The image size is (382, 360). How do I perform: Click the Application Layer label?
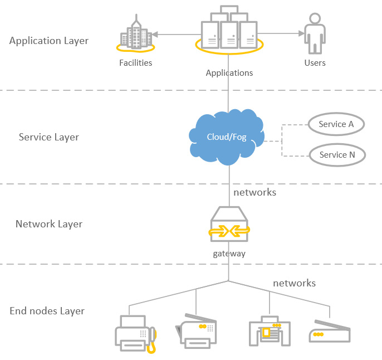(x=49, y=41)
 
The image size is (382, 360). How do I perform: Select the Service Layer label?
(x=49, y=137)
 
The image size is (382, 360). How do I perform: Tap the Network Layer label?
(x=49, y=224)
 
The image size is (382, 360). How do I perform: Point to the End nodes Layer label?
(x=47, y=311)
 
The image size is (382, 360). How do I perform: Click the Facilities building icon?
(x=136, y=36)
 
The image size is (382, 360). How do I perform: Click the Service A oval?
(x=336, y=124)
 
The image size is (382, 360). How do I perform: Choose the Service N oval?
(x=337, y=155)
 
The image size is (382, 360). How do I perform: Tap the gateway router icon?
(x=229, y=225)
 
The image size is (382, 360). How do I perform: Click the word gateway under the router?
(x=229, y=254)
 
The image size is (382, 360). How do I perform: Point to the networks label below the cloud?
(x=254, y=192)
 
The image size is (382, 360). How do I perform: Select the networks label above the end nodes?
(x=294, y=283)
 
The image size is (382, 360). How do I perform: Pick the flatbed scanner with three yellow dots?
(x=329, y=332)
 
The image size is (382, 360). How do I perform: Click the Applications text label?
(x=229, y=73)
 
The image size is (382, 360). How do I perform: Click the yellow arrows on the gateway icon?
(x=229, y=229)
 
